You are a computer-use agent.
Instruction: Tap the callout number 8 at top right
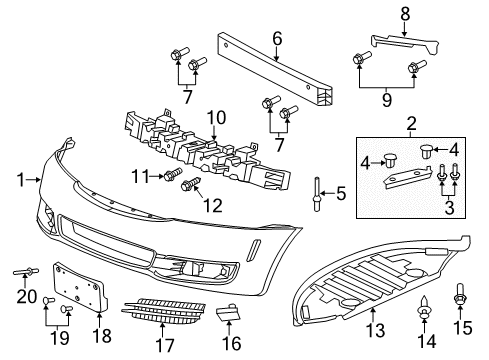[x=405, y=13]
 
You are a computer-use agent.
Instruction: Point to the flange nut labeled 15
[x=462, y=297]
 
